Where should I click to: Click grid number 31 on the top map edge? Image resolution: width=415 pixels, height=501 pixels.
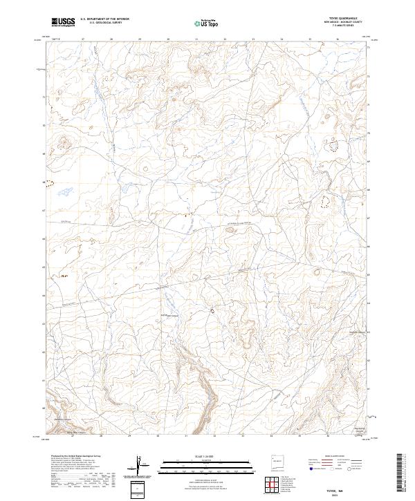196,39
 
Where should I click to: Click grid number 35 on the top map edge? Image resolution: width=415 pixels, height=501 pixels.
310,39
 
